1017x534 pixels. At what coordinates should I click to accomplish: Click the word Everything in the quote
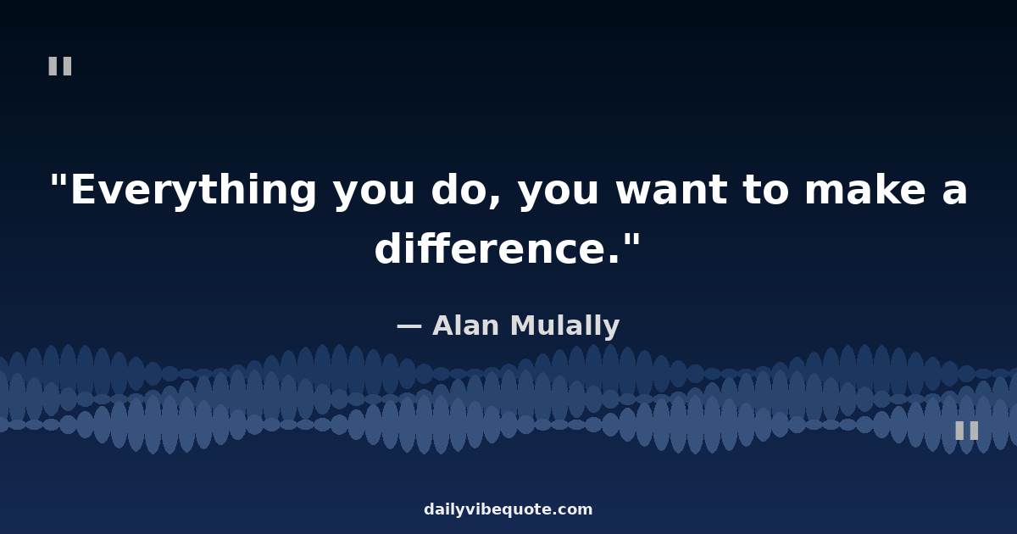tap(193, 192)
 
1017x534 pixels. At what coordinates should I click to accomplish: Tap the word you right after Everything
tap(374, 194)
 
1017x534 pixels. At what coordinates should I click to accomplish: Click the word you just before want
tap(559, 194)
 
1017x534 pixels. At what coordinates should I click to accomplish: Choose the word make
tap(865, 189)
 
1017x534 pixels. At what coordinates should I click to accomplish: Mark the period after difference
tap(614, 259)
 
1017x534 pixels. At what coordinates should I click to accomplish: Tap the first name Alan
tap(466, 325)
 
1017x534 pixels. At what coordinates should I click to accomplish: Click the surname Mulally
tap(564, 326)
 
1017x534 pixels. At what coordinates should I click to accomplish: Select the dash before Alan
tap(409, 327)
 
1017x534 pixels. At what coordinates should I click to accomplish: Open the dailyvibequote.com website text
tap(508, 509)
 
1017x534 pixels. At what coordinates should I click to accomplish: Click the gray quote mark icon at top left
tap(60, 66)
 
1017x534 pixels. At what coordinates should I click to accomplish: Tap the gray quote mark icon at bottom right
tap(967, 431)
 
